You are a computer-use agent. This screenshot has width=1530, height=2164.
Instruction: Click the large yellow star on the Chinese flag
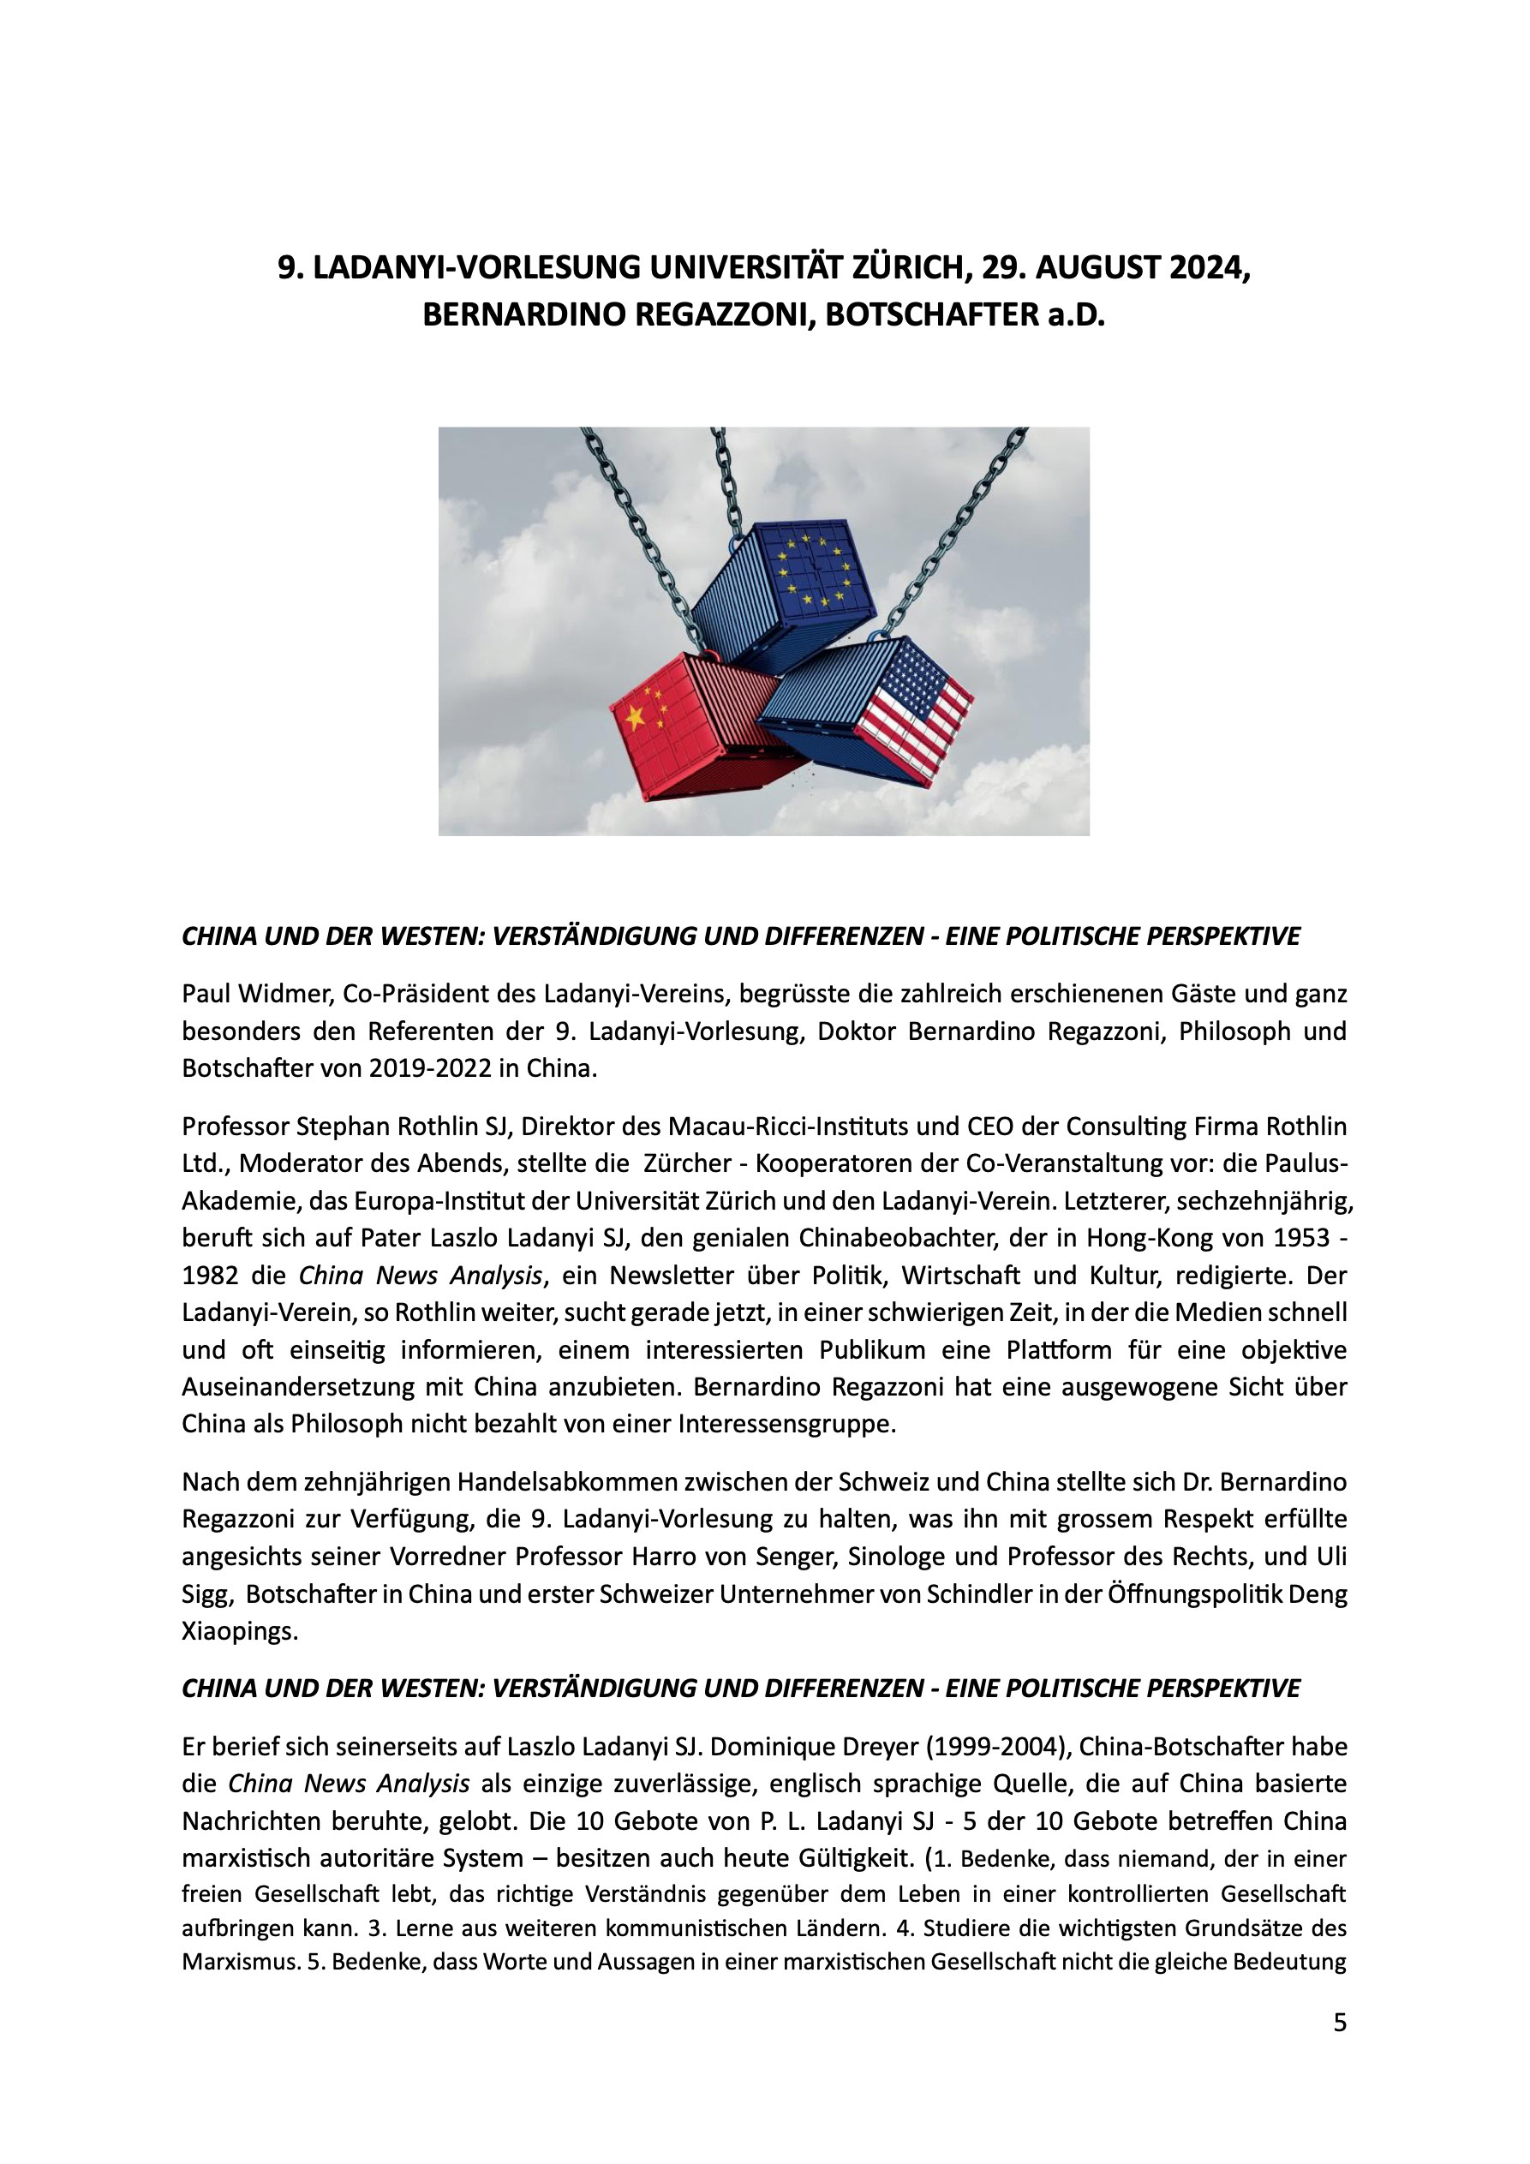(636, 719)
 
